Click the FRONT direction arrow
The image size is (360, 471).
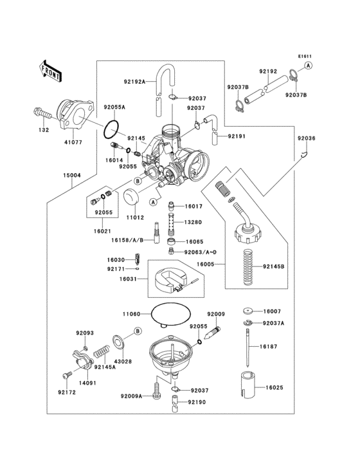51,70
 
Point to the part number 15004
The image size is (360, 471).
71,175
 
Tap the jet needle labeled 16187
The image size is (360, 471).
248,347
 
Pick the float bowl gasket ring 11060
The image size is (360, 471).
170,315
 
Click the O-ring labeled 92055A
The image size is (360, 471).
113,130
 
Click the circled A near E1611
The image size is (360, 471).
309,66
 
